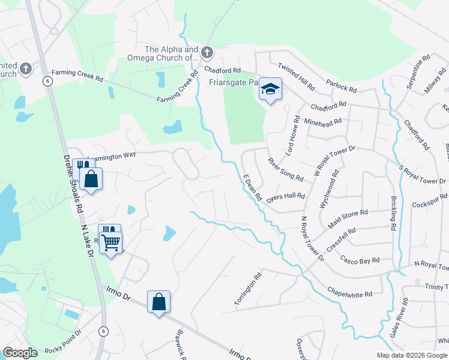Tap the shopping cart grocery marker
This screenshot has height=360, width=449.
click(111, 243)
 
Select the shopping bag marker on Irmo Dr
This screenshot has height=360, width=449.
click(158, 301)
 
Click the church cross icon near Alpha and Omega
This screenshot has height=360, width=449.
click(206, 53)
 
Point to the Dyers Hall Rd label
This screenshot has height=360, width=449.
click(286, 197)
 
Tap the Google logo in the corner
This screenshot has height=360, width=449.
click(20, 353)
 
